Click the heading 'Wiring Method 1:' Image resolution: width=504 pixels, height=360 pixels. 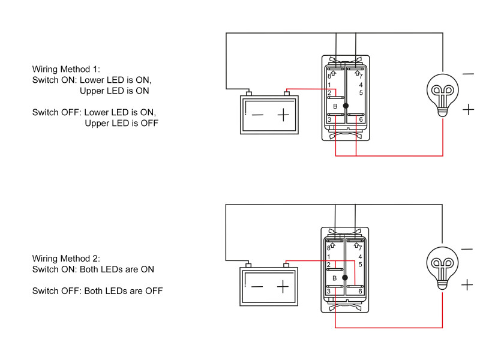[67, 70]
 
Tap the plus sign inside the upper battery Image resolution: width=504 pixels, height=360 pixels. [283, 115]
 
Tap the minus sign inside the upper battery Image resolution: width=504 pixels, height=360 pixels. [257, 115]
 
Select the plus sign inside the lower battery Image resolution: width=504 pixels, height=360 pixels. [283, 287]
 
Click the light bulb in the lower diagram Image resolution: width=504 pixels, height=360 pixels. [443, 265]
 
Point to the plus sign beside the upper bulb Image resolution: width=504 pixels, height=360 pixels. [469, 110]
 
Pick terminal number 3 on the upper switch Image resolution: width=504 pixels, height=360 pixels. [329, 120]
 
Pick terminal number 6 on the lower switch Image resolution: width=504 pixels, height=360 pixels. [361, 291]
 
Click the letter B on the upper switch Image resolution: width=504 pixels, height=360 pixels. [335, 106]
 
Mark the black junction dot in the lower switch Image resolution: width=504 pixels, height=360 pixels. [345, 278]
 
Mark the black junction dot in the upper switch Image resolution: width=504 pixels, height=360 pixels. [345, 106]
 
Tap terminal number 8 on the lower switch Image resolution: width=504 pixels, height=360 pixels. [329, 247]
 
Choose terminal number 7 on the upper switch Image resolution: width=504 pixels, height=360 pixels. [361, 76]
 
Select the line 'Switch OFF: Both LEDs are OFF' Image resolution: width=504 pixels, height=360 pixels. [97, 292]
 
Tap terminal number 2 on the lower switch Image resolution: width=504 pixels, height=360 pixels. [329, 265]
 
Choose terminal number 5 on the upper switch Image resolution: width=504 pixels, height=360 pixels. [361, 93]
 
